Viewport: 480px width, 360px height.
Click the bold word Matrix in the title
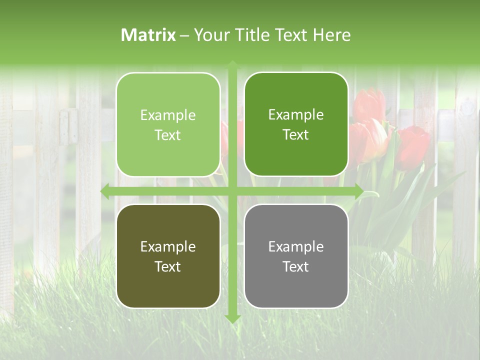pyautogui.click(x=148, y=34)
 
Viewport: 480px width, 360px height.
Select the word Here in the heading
pyautogui.click(x=332, y=34)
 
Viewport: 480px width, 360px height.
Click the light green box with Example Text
pyautogui.click(x=168, y=124)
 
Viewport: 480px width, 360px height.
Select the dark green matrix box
pyautogui.click(x=296, y=124)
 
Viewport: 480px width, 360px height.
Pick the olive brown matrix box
pyautogui.click(x=168, y=256)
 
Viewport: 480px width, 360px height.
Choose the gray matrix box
pyautogui.click(x=296, y=256)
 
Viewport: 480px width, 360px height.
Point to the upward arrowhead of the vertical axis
pyautogui.click(x=232, y=65)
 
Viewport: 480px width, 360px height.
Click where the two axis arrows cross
pyautogui.click(x=232, y=191)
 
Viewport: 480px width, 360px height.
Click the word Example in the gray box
pyautogui.click(x=296, y=246)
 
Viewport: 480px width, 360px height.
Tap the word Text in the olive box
pyautogui.click(x=167, y=266)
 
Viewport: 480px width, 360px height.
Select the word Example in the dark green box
pyautogui.click(x=296, y=115)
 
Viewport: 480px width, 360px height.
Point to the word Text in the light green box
pyautogui.click(x=167, y=135)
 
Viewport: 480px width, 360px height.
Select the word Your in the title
pyautogui.click(x=210, y=34)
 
